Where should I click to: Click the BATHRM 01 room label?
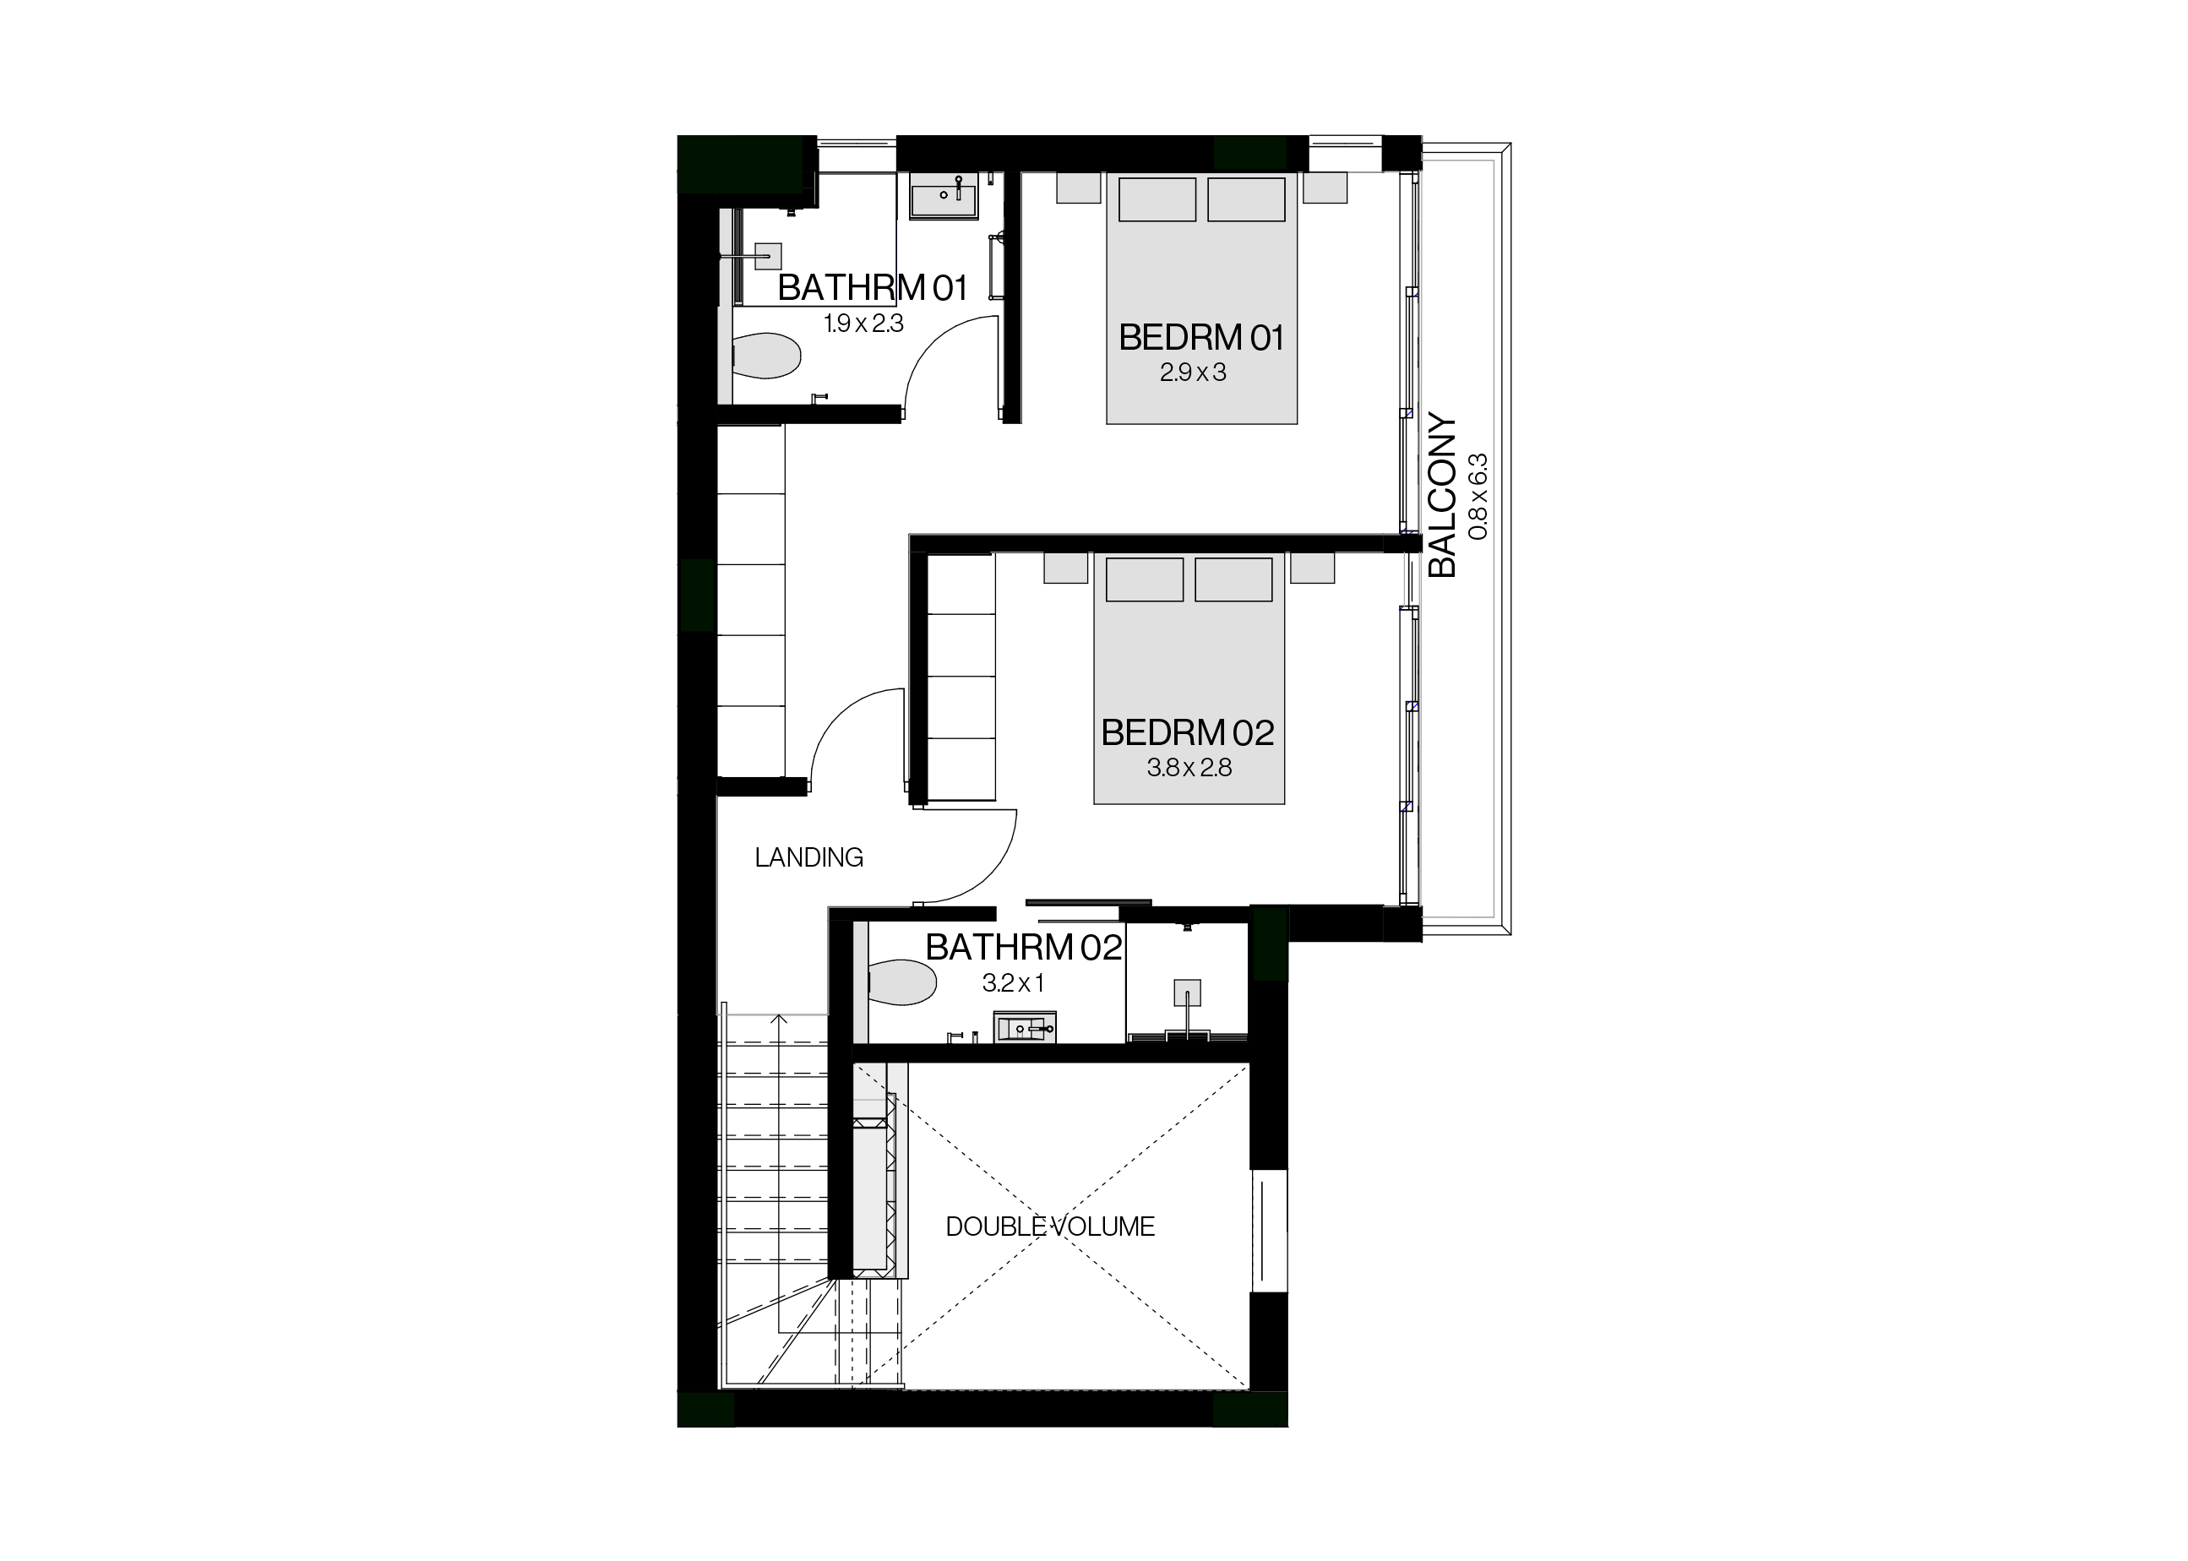click(872, 287)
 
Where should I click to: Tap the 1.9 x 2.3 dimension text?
click(863, 324)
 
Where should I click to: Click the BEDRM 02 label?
click(1187, 732)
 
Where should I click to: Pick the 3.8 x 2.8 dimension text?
click(1189, 768)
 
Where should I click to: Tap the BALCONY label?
click(1443, 495)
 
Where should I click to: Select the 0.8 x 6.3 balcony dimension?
click(1478, 496)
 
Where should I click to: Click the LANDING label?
click(808, 857)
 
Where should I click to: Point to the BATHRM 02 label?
click(1024, 948)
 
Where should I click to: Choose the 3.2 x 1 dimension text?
click(1013, 983)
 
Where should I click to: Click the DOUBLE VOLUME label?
click(1050, 1226)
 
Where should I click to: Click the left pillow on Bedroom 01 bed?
click(1157, 199)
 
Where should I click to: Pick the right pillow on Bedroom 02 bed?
click(1233, 579)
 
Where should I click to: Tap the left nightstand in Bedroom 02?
click(1065, 568)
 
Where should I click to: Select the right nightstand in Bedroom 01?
click(1325, 188)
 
